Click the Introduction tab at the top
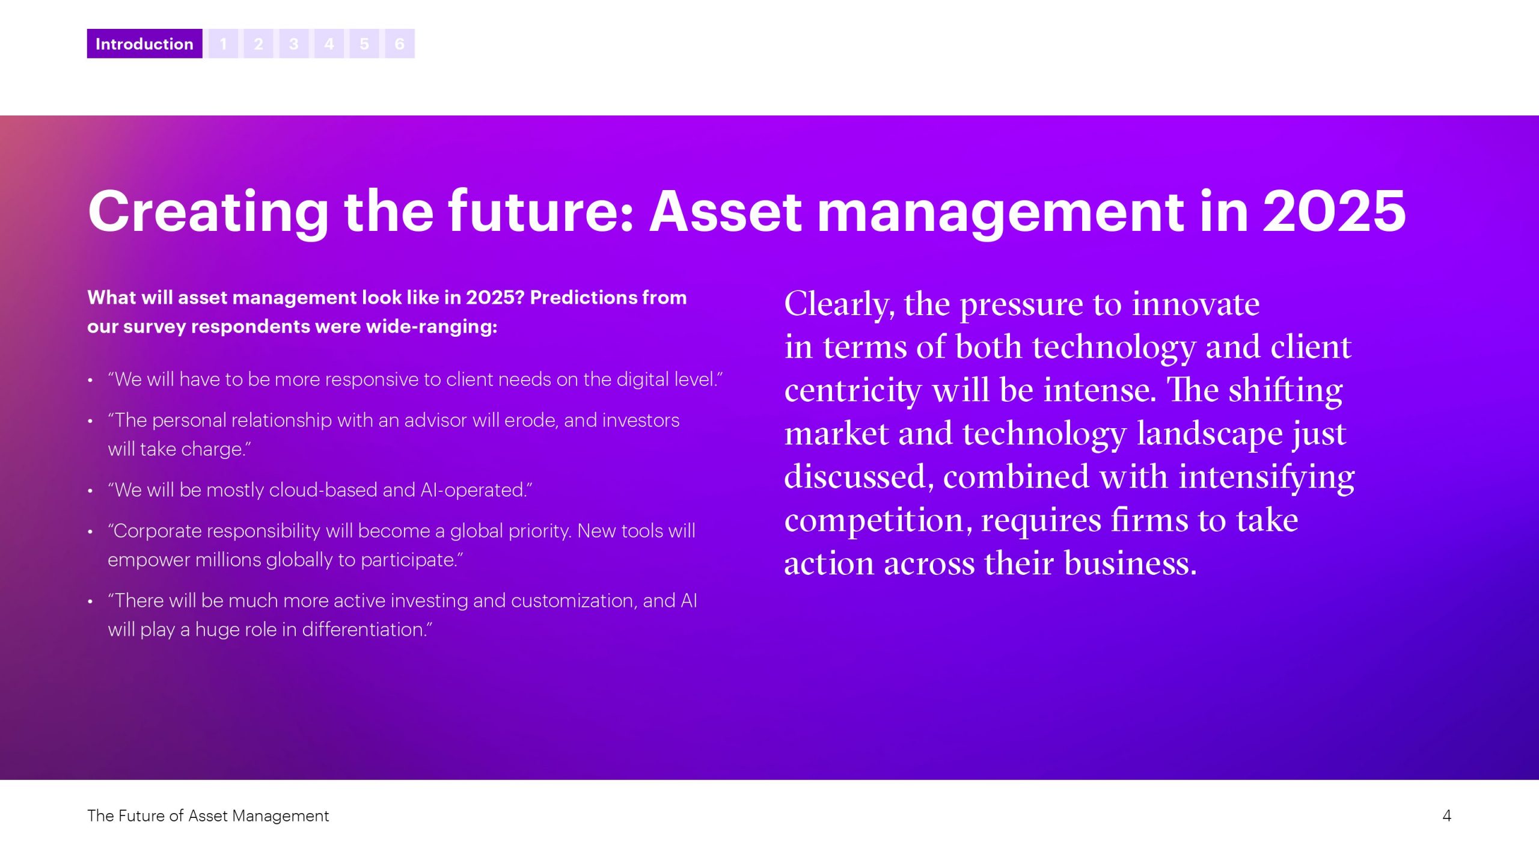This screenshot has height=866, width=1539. pos(144,43)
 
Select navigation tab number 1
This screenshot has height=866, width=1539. pos(223,43)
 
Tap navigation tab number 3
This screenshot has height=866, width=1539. pos(293,43)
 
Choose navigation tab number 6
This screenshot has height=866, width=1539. pos(399,43)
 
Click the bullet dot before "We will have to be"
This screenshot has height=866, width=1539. pos(90,381)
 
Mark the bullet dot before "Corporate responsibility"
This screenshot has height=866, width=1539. pos(90,532)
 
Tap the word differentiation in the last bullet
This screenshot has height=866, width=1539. pos(367,629)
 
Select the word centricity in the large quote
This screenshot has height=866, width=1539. pos(852,391)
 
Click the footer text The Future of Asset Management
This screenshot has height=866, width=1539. pos(208,815)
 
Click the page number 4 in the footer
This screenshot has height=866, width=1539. pos(1446,815)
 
